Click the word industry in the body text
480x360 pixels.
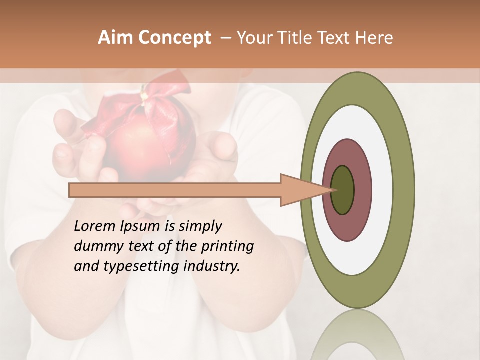[212, 266]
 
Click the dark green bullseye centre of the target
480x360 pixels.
[343, 190]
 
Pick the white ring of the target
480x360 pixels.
[382, 190]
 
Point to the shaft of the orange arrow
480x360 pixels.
[175, 190]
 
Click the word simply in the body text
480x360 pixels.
[200, 226]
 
